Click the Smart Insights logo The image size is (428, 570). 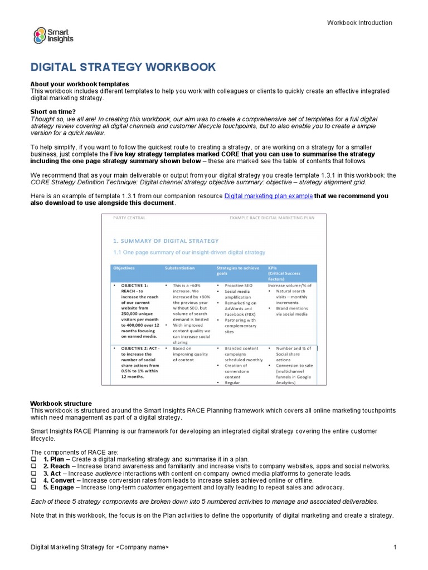(x=53, y=36)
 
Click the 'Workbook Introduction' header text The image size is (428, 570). (x=359, y=23)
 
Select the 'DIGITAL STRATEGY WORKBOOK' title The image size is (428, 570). (x=123, y=67)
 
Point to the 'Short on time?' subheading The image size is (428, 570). (x=53, y=111)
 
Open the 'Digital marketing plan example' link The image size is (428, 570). (x=268, y=196)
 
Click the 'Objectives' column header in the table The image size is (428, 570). (x=125, y=268)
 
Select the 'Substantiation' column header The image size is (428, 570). (x=180, y=268)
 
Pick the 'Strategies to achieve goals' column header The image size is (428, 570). (x=237, y=271)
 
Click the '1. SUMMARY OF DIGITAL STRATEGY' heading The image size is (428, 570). (x=166, y=241)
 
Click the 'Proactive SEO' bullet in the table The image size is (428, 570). (x=239, y=284)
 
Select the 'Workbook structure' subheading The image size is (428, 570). (x=61, y=404)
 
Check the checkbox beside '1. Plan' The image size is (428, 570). (x=33, y=459)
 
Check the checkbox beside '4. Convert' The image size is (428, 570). (x=33, y=480)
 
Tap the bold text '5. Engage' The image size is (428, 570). (x=59, y=487)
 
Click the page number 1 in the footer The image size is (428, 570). (x=395, y=548)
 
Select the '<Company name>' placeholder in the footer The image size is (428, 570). (x=142, y=548)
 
